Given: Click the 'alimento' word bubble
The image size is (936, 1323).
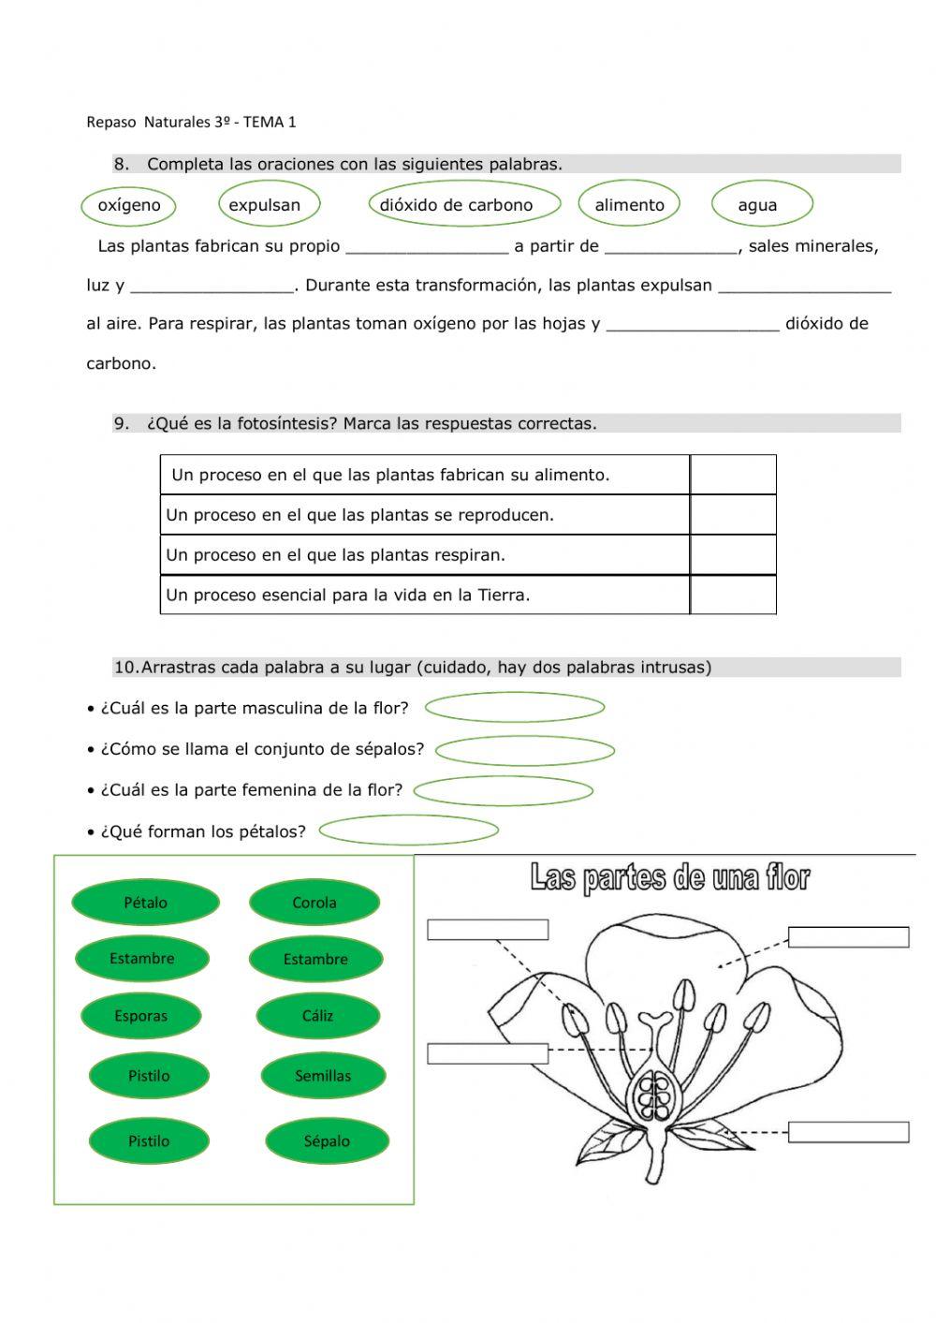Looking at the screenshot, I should pyautogui.click(x=629, y=205).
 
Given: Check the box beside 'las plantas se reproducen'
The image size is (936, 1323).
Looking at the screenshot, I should pyautogui.click(x=733, y=515).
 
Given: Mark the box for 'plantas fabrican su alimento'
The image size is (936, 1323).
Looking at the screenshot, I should pyautogui.click(x=733, y=475).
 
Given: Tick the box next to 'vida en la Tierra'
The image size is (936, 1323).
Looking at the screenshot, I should pyautogui.click(x=733, y=595).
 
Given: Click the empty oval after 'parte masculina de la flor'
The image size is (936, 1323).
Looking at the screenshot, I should pyautogui.click(x=515, y=708).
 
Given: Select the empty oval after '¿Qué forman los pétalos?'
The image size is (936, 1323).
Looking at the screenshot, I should pyautogui.click(x=408, y=831).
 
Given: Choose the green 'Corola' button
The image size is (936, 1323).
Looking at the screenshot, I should pyautogui.click(x=314, y=903).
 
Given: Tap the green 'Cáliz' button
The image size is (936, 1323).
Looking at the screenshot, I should pyautogui.click(x=317, y=1016).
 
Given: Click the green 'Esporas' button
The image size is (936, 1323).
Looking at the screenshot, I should pyautogui.click(x=141, y=1016).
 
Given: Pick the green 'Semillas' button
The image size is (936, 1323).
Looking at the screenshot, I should pyautogui.click(x=323, y=1076).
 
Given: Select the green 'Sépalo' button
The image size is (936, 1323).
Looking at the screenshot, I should pyautogui.click(x=327, y=1141).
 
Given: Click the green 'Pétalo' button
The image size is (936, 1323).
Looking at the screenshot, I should pyautogui.click(x=145, y=903).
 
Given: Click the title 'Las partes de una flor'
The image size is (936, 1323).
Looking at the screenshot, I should pyautogui.click(x=669, y=878).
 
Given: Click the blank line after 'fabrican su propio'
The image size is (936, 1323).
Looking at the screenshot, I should pyautogui.click(x=427, y=247).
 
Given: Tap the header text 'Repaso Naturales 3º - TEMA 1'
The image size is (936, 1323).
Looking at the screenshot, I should pyautogui.click(x=191, y=122).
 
